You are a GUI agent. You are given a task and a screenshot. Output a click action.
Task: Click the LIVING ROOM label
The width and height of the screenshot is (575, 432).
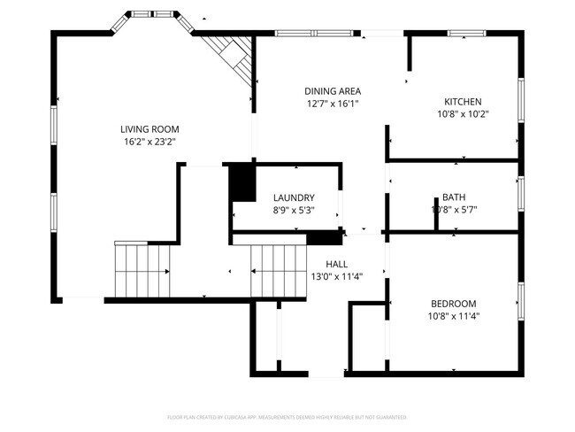(153, 128)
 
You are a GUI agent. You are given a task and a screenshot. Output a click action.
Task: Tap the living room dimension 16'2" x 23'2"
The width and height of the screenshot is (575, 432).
(153, 141)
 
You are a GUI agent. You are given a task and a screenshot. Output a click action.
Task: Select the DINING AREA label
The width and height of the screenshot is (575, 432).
(332, 91)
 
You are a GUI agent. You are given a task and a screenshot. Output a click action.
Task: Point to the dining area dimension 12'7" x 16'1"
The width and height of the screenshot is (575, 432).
(332, 104)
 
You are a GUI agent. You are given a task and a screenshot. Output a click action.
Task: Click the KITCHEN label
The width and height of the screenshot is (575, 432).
(463, 101)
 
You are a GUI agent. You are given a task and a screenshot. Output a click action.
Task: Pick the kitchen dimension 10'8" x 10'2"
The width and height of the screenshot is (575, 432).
(463, 113)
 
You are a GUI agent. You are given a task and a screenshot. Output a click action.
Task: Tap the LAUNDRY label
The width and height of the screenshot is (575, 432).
(294, 197)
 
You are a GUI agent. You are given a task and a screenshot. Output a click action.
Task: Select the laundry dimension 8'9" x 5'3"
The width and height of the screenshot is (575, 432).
(294, 210)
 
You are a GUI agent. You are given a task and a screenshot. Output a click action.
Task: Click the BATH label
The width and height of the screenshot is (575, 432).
(454, 197)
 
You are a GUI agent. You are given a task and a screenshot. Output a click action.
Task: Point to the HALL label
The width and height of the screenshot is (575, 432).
(336, 264)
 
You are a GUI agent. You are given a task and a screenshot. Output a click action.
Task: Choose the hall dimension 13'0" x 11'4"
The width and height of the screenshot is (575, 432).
(336, 275)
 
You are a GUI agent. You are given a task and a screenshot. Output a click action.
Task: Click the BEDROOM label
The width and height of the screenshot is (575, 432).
(453, 303)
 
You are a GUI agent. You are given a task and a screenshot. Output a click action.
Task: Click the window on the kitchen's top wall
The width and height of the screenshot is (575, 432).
(467, 34)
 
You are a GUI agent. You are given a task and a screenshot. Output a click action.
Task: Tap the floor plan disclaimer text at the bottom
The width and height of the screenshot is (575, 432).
(287, 416)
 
